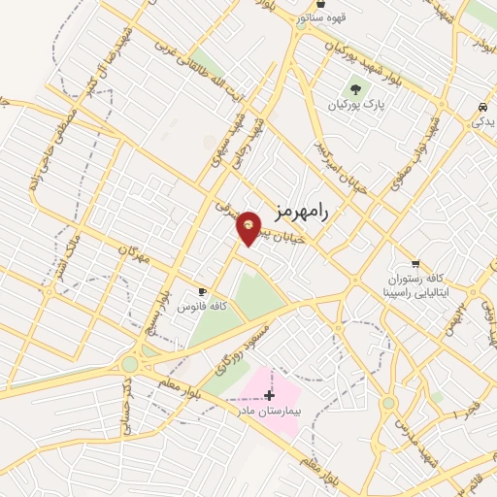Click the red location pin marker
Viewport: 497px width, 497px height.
[249, 228]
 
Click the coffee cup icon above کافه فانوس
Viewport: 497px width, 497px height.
[203, 291]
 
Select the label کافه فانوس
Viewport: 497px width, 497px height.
[202, 306]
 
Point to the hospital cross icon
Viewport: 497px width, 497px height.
[269, 394]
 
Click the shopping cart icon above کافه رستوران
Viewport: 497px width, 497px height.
[415, 263]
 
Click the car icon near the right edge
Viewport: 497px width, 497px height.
[482, 107]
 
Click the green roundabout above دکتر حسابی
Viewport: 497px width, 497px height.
[129, 365]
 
